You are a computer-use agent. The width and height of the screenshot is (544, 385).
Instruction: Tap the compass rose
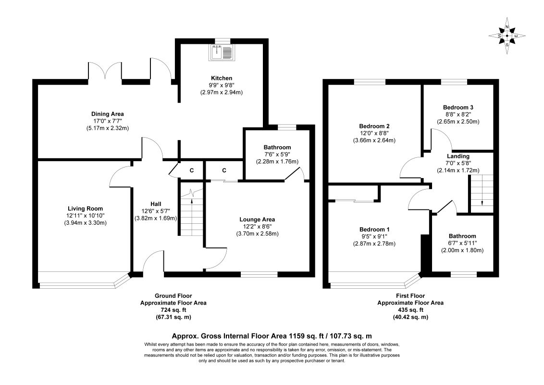pyautogui.click(x=507, y=36)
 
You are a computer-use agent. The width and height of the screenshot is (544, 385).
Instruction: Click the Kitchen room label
pyautogui.click(x=222, y=78)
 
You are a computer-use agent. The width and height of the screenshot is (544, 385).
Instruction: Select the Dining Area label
pyautogui.click(x=108, y=114)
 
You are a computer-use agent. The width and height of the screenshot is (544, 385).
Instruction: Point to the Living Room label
pyautogui.click(x=86, y=208)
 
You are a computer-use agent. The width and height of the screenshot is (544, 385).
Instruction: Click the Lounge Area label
pyautogui.click(x=257, y=219)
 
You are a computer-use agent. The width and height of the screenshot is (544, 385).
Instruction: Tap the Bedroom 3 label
pyautogui.click(x=458, y=107)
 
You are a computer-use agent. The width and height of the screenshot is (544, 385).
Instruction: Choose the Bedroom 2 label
pyautogui.click(x=374, y=126)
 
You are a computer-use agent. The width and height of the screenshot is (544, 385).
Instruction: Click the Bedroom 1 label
pyautogui.click(x=374, y=230)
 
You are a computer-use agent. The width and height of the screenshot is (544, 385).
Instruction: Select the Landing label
pyautogui.click(x=458, y=156)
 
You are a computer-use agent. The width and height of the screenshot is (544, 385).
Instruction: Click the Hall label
pyautogui.click(x=156, y=204)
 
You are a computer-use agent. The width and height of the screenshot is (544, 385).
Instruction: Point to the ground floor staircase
pyautogui.click(x=192, y=213)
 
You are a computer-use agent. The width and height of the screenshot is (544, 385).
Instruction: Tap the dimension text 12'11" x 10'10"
pyautogui.click(x=86, y=216)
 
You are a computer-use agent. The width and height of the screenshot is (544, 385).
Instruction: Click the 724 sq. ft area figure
pyautogui.click(x=173, y=310)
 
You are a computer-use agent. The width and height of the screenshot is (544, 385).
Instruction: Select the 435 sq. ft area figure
pyautogui.click(x=410, y=310)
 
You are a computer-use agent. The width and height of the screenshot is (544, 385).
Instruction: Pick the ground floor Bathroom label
pyautogui.click(x=277, y=147)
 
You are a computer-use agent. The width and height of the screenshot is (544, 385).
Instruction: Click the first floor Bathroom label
pyautogui.click(x=462, y=236)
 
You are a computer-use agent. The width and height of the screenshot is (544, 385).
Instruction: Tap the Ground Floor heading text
pyautogui.click(x=173, y=295)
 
